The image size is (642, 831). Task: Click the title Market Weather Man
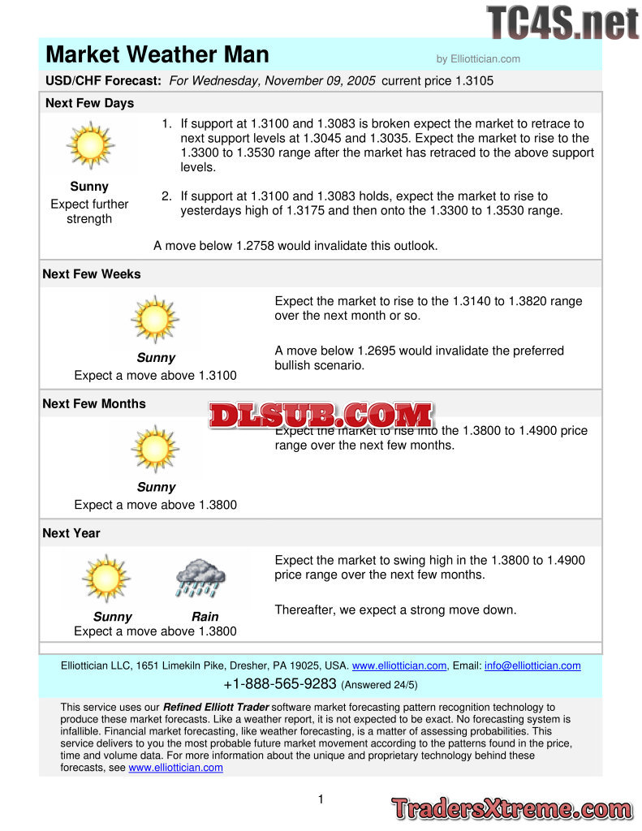(157, 54)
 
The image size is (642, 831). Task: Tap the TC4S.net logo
(562, 22)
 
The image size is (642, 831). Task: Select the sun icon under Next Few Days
(89, 146)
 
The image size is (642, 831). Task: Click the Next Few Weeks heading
(92, 274)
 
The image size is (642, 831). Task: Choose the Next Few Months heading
(94, 404)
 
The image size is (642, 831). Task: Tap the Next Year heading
(71, 533)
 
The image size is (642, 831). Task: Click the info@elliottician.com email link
(532, 666)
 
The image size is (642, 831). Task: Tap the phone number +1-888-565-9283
(279, 683)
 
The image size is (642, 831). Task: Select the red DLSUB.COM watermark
(321, 415)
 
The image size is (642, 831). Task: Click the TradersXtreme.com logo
(511, 808)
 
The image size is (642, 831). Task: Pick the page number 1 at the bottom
(321, 799)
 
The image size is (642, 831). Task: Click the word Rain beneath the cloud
(205, 617)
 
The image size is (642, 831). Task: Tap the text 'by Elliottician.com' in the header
(478, 58)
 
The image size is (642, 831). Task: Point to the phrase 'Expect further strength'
(89, 212)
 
